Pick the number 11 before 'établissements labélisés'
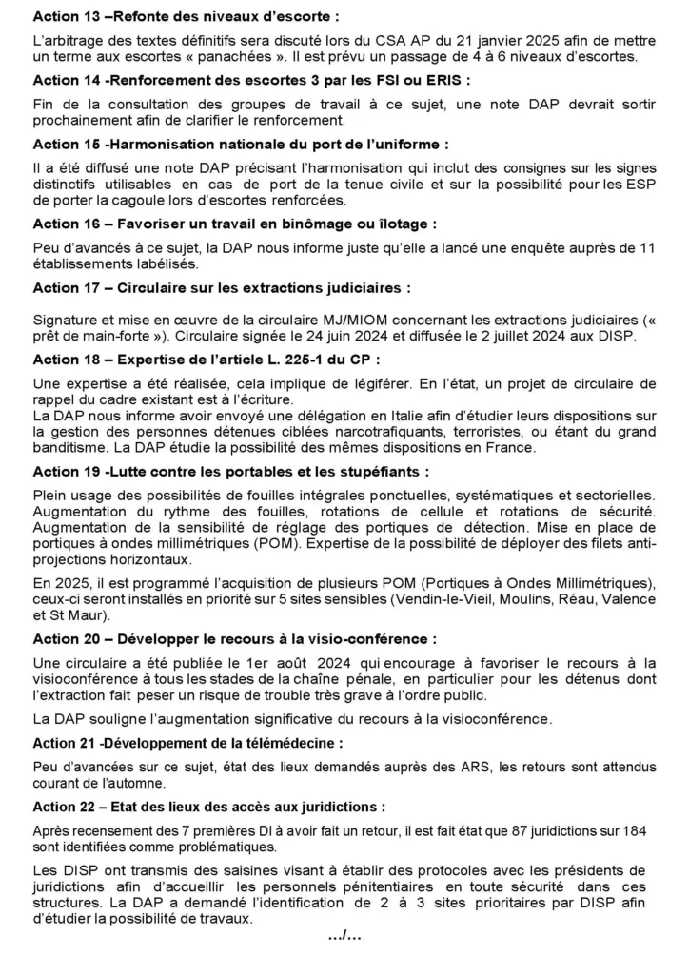click(x=647, y=247)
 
